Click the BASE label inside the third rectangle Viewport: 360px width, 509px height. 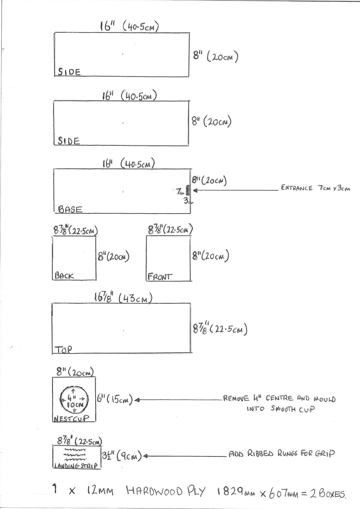[70, 209]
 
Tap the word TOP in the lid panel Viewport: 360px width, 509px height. [63, 349]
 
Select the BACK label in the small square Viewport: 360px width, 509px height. [64, 276]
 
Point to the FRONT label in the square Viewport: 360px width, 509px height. [160, 277]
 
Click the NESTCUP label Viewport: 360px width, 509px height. [71, 418]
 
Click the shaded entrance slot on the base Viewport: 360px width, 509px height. [188, 190]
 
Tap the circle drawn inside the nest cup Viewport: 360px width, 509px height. [74, 400]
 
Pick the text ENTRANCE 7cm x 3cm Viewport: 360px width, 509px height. [316, 188]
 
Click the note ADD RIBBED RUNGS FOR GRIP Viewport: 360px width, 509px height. [282, 454]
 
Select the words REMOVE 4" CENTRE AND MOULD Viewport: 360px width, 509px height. [279, 399]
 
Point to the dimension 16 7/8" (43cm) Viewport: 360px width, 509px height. [123, 298]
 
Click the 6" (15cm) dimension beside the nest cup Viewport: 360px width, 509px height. [115, 400]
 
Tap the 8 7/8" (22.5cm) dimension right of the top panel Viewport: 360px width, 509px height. [220, 329]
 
